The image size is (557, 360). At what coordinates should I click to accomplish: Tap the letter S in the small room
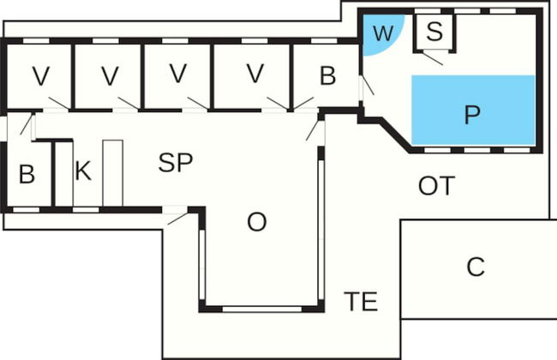(x=434, y=33)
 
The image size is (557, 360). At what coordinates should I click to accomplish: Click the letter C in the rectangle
(x=476, y=267)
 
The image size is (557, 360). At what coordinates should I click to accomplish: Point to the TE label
(x=361, y=302)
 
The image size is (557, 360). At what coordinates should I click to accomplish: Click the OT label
(x=436, y=185)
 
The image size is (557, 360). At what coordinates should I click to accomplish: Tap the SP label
(x=176, y=164)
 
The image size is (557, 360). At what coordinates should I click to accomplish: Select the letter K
(x=82, y=171)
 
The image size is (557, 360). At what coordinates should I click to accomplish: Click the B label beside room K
(x=27, y=174)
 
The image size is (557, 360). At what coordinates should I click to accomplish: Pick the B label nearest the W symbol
(x=327, y=75)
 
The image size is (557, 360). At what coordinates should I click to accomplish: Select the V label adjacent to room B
(x=254, y=75)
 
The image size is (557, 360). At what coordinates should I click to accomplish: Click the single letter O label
(x=256, y=222)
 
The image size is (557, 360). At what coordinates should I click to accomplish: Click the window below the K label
(x=86, y=208)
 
